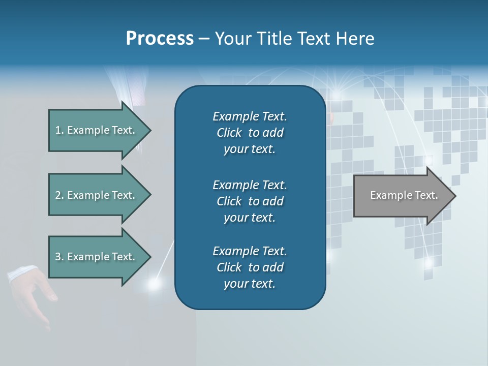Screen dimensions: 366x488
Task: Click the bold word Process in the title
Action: pyautogui.click(x=160, y=39)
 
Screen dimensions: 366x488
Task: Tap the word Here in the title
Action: pyautogui.click(x=355, y=39)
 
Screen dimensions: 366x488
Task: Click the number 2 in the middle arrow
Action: pyautogui.click(x=58, y=195)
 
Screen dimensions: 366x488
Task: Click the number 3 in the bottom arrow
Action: pyautogui.click(x=58, y=257)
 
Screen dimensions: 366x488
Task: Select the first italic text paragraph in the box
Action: pyautogui.click(x=250, y=133)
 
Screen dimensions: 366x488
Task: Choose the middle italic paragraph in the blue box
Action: pyautogui.click(x=250, y=201)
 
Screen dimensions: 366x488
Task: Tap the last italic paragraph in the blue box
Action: pyautogui.click(x=250, y=267)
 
